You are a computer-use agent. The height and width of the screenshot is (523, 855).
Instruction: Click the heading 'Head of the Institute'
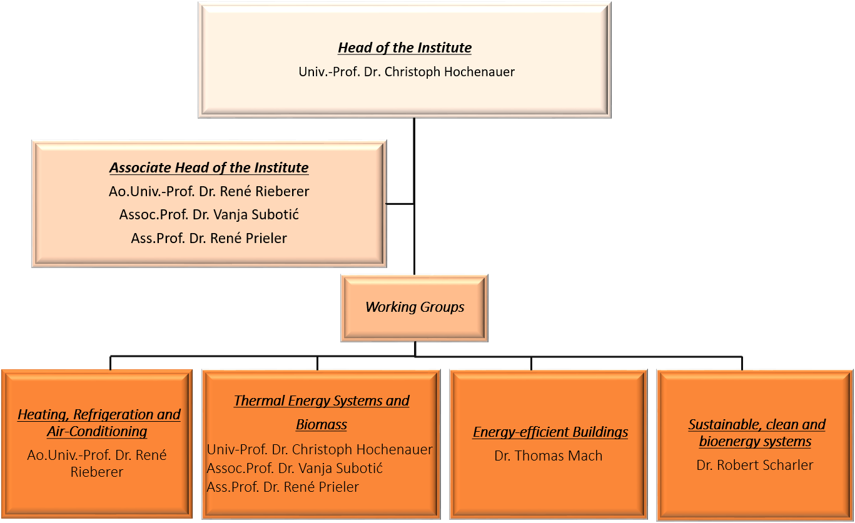point(405,48)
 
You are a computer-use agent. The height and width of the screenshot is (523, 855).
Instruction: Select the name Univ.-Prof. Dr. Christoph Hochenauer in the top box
point(407,72)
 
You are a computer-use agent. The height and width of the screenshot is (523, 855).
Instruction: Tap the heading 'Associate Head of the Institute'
point(209,167)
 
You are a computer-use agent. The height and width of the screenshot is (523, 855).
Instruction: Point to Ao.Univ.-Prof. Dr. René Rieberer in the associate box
point(209,191)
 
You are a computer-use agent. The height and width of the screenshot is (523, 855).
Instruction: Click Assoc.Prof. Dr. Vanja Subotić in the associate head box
point(209,214)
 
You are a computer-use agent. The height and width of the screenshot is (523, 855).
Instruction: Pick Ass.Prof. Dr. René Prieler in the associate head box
point(209,238)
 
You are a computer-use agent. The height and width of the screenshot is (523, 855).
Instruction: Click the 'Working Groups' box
point(415,308)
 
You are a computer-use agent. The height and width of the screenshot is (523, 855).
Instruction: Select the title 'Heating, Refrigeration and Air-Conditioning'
point(99,423)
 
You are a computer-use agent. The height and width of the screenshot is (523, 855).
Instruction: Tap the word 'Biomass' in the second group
point(321,424)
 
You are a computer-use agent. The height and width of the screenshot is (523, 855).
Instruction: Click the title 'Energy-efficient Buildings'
point(550,432)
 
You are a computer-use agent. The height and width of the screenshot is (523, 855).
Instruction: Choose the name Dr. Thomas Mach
point(548,456)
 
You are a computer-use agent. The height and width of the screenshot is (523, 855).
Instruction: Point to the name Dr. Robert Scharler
point(754,465)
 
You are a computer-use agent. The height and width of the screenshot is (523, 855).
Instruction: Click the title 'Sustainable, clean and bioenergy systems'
point(757,433)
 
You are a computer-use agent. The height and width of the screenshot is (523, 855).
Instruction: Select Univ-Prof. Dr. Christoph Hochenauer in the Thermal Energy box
point(320,450)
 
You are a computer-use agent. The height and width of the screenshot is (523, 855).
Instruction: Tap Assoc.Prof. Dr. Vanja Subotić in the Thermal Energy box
point(295,469)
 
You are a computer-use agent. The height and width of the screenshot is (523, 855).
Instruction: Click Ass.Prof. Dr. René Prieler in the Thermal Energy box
point(283,487)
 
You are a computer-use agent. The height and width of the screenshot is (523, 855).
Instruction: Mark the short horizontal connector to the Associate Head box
point(400,204)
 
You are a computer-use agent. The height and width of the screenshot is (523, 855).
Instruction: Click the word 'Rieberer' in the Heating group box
point(97,472)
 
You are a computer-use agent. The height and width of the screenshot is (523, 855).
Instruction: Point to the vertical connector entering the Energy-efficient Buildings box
point(531,363)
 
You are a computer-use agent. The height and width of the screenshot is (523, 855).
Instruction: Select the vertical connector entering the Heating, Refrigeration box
point(110,363)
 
